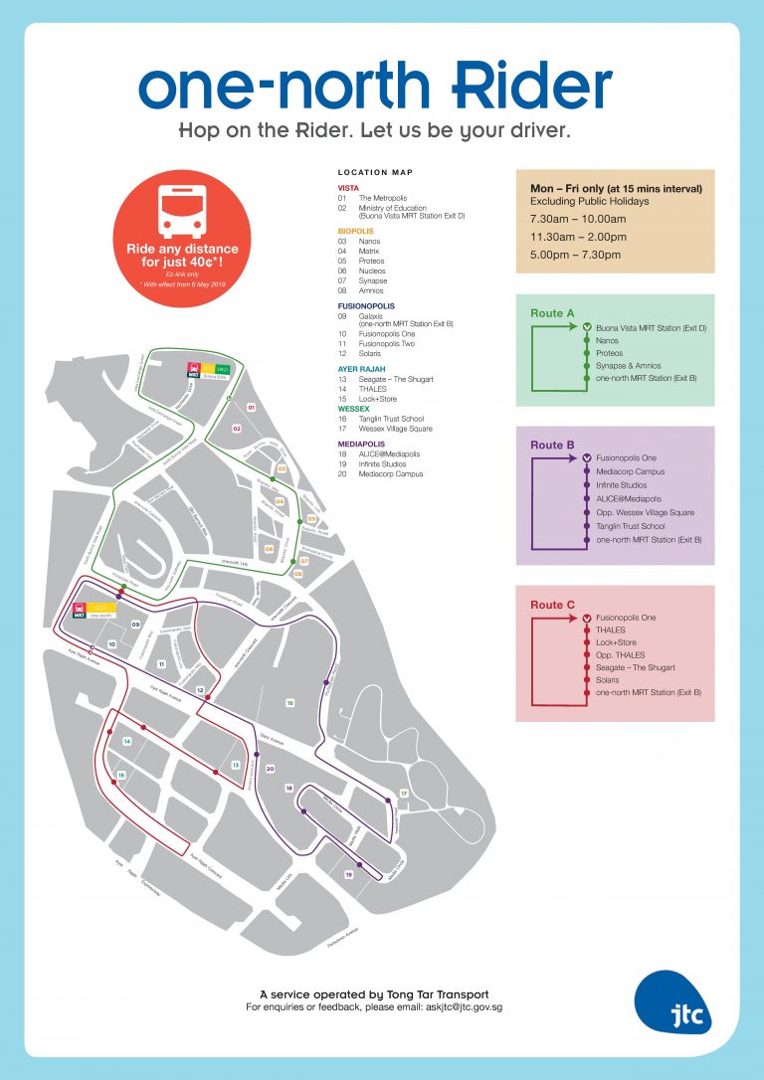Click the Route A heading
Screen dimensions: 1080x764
(x=552, y=313)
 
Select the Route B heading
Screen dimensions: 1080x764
(x=552, y=446)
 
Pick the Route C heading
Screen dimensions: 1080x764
(x=552, y=605)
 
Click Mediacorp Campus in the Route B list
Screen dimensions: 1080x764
(x=630, y=471)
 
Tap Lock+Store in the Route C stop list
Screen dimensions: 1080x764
(x=616, y=642)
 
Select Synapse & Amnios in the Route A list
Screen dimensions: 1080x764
(x=628, y=366)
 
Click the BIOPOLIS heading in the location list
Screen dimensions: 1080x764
(x=355, y=231)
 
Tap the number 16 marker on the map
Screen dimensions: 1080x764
(x=290, y=703)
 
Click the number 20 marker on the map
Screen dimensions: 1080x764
(x=270, y=769)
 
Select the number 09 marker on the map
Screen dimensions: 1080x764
(x=135, y=624)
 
